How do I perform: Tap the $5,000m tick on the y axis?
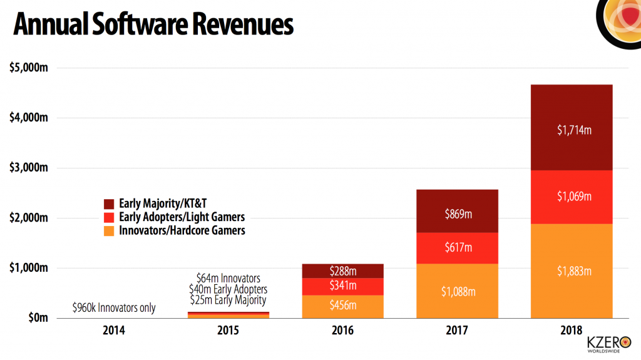pos(30,68)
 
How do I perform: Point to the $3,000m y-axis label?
pos(30,168)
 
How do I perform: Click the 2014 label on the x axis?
pos(115,331)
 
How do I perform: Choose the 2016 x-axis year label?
pos(342,331)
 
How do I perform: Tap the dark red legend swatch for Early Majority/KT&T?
pos(108,203)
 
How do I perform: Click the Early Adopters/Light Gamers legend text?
pos(182,217)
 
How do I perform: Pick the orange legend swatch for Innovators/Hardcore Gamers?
pos(108,230)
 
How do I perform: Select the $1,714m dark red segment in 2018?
pos(572,130)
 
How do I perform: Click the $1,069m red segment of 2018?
pos(572,196)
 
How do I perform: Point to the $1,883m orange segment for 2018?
pos(572,271)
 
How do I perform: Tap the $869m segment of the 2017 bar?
pos(458,213)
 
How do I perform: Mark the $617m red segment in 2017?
pos(458,248)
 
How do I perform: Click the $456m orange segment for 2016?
pos(342,304)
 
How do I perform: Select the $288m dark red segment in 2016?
pos(342,271)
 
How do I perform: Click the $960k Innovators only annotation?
pos(114,307)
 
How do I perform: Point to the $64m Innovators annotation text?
pos(228,277)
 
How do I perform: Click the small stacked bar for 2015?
pos(228,315)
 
